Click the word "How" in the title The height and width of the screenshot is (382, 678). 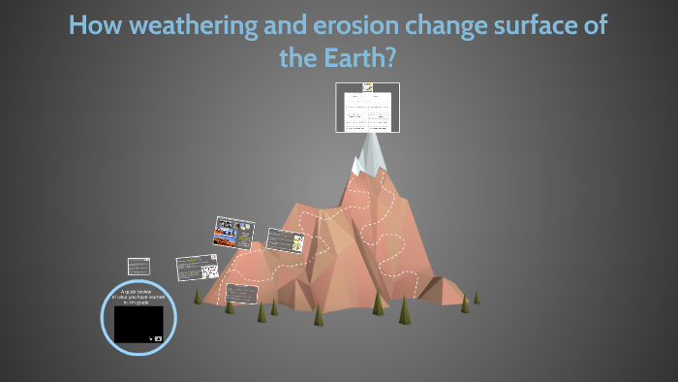coord(93,26)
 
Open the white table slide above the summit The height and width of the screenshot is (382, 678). coord(368,110)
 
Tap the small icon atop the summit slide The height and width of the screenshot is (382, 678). coord(368,86)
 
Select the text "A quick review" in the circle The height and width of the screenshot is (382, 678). coord(139,291)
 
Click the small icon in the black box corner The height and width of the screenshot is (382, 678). coord(157,338)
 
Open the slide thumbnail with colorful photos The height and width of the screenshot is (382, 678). coord(233,233)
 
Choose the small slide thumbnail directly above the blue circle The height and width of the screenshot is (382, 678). coord(139,266)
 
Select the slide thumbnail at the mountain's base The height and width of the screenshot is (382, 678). coord(242,293)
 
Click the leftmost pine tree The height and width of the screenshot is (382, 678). coord(198,296)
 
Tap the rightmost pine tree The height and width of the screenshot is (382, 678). coord(477,298)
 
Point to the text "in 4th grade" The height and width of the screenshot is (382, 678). coord(139,302)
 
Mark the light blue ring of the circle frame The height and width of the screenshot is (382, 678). coord(104,317)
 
